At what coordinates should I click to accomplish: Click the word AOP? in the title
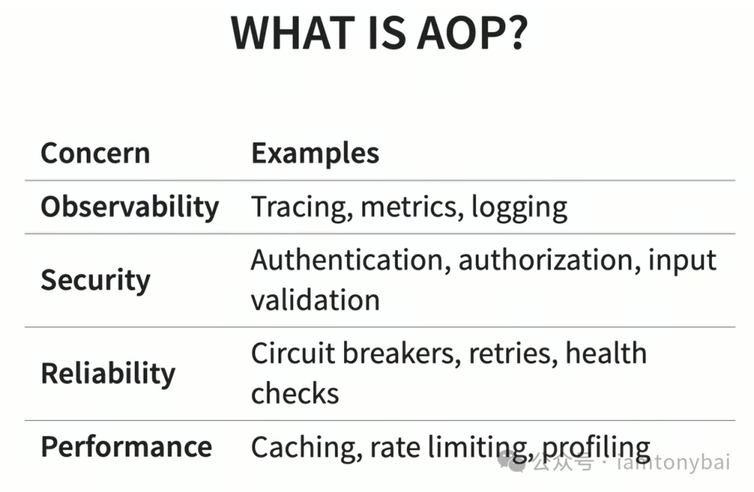[472, 33]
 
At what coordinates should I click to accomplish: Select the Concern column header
[95, 154]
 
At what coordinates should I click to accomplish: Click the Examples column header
[315, 154]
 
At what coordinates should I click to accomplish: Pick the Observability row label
[130, 207]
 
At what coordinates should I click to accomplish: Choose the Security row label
[96, 280]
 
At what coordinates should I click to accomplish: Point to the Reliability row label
[108, 373]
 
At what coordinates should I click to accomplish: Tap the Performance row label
[126, 447]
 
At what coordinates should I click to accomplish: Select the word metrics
[412, 207]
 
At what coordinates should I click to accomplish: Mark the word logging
[519, 208]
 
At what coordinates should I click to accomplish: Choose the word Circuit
[293, 353]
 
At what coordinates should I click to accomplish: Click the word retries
[513, 354]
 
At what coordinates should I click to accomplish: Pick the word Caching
[306, 447]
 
